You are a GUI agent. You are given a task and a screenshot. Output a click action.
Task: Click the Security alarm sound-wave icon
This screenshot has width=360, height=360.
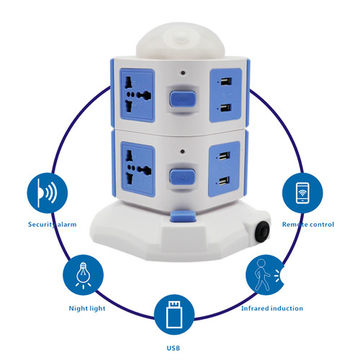click(x=48, y=193)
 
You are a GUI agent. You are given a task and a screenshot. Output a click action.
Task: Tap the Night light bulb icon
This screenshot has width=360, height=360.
click(x=83, y=275)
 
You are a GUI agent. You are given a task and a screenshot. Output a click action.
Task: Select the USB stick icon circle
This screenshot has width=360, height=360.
click(x=174, y=315)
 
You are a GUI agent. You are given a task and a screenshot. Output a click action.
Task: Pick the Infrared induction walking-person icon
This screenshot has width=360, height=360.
click(x=266, y=275)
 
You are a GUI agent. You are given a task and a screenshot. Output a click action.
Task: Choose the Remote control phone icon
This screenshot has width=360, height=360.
click(x=302, y=193)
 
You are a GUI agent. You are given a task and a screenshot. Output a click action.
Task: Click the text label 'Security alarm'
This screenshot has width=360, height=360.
click(x=53, y=225)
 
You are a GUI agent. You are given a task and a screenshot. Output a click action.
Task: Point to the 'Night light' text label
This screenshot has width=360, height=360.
click(x=87, y=308)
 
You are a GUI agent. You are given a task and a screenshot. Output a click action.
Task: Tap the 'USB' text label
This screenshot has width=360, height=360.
click(x=174, y=348)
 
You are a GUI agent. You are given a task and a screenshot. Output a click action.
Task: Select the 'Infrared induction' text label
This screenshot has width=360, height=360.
click(x=272, y=308)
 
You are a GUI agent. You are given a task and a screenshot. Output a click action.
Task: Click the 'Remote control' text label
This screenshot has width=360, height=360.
click(x=308, y=225)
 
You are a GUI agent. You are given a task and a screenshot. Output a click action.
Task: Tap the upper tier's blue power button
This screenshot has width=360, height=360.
click(x=183, y=99)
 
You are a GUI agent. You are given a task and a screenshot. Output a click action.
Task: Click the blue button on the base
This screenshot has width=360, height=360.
click(x=183, y=216)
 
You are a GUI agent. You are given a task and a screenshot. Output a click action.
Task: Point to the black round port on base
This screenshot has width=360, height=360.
click(x=262, y=232)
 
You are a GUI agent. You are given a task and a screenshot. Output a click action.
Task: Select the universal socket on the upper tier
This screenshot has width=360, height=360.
click(x=138, y=95)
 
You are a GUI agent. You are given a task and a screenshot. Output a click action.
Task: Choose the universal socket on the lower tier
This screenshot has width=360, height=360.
click(x=138, y=169)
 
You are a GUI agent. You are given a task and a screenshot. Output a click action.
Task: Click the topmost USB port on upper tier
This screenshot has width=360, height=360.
click(x=225, y=81)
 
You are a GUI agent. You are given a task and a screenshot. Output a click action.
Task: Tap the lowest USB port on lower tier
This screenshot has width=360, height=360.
click(x=224, y=181)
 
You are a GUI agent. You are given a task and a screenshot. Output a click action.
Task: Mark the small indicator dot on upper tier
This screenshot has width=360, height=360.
click(x=183, y=72)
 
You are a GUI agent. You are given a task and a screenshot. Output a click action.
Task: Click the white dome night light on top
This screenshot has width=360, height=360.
click(x=181, y=41)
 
